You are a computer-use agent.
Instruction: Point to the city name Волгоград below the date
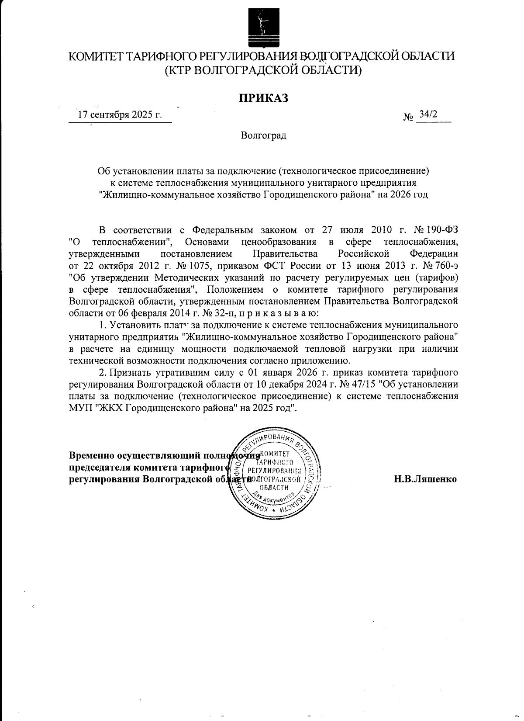[x=263, y=135]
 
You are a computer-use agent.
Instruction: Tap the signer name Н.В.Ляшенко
[x=425, y=479]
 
